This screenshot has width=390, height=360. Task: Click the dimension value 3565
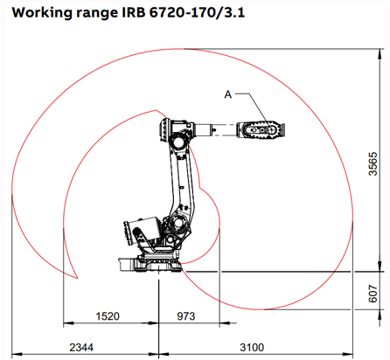click(x=373, y=162)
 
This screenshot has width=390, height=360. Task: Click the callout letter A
click(x=229, y=93)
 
